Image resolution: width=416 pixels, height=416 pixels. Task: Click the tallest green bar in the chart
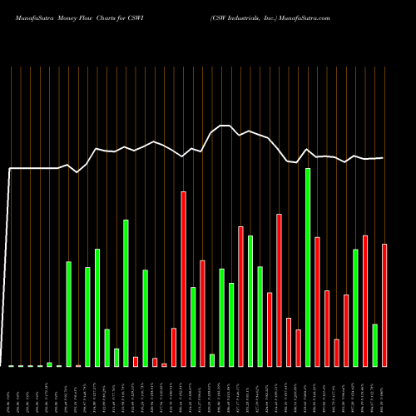[308, 266]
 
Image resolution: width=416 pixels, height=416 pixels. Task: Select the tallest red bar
[183, 279]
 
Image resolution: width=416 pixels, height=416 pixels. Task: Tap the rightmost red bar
[384, 305]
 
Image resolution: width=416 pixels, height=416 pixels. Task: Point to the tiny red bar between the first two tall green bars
[78, 365]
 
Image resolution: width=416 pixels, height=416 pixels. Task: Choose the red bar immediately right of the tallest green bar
[317, 301]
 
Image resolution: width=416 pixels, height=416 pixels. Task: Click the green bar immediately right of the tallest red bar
[193, 326]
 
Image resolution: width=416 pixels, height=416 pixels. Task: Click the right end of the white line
[384, 158]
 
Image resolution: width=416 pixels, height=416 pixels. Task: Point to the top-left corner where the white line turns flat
[10, 169]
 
